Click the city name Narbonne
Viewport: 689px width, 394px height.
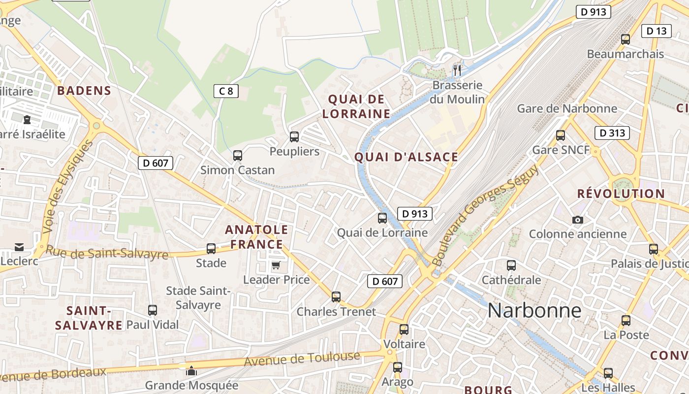[534, 311]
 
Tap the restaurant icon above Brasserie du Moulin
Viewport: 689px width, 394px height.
[457, 70]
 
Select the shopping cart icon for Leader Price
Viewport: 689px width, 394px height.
[276, 265]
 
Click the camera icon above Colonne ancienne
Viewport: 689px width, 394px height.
[578, 220]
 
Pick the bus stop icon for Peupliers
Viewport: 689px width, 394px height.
[294, 137]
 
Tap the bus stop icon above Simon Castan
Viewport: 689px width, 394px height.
[238, 156]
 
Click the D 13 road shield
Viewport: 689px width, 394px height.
[657, 31]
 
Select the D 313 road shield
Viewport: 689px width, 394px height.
[612, 133]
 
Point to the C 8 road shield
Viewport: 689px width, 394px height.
[226, 91]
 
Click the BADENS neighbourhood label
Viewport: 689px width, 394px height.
[84, 91]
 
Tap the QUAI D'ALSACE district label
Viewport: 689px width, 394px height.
[407, 157]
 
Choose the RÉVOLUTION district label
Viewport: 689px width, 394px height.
[621, 194]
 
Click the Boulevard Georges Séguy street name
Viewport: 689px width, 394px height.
[485, 215]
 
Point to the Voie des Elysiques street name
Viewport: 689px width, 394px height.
[67, 187]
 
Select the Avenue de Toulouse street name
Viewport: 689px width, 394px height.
[302, 359]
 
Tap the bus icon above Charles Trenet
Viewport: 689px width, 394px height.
[336, 297]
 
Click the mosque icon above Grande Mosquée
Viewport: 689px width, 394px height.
[191, 370]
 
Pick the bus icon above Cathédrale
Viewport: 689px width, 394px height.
[511, 265]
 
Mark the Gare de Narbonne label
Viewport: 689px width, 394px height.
[566, 108]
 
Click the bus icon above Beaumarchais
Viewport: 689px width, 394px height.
[626, 39]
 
